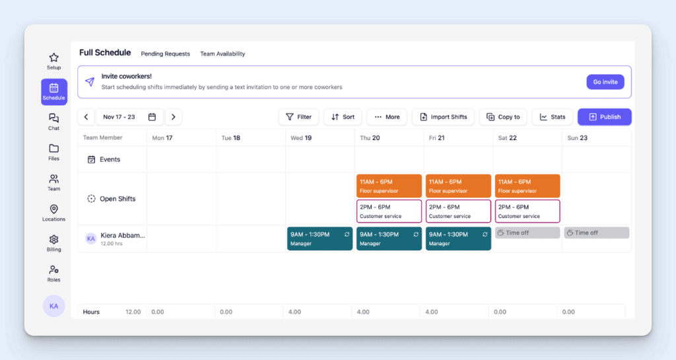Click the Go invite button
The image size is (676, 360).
click(x=605, y=82)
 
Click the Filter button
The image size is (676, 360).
click(x=298, y=117)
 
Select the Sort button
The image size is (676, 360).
click(x=343, y=117)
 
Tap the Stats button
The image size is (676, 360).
click(x=552, y=117)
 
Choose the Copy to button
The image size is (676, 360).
click(x=503, y=117)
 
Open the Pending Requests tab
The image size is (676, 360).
click(x=165, y=54)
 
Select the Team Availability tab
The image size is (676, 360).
click(x=222, y=54)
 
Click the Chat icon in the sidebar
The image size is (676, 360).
click(x=54, y=122)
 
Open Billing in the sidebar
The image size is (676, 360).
click(x=54, y=243)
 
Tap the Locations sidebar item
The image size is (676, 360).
click(x=54, y=213)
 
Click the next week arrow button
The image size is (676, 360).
click(x=173, y=117)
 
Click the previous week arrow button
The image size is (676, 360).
click(x=86, y=117)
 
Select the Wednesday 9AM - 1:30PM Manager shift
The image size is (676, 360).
click(x=320, y=238)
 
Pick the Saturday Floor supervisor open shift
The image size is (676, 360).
click(x=527, y=186)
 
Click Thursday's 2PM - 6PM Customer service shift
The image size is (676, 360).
click(x=389, y=211)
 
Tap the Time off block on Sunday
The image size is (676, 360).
click(x=596, y=233)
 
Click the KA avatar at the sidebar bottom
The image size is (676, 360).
click(x=54, y=306)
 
